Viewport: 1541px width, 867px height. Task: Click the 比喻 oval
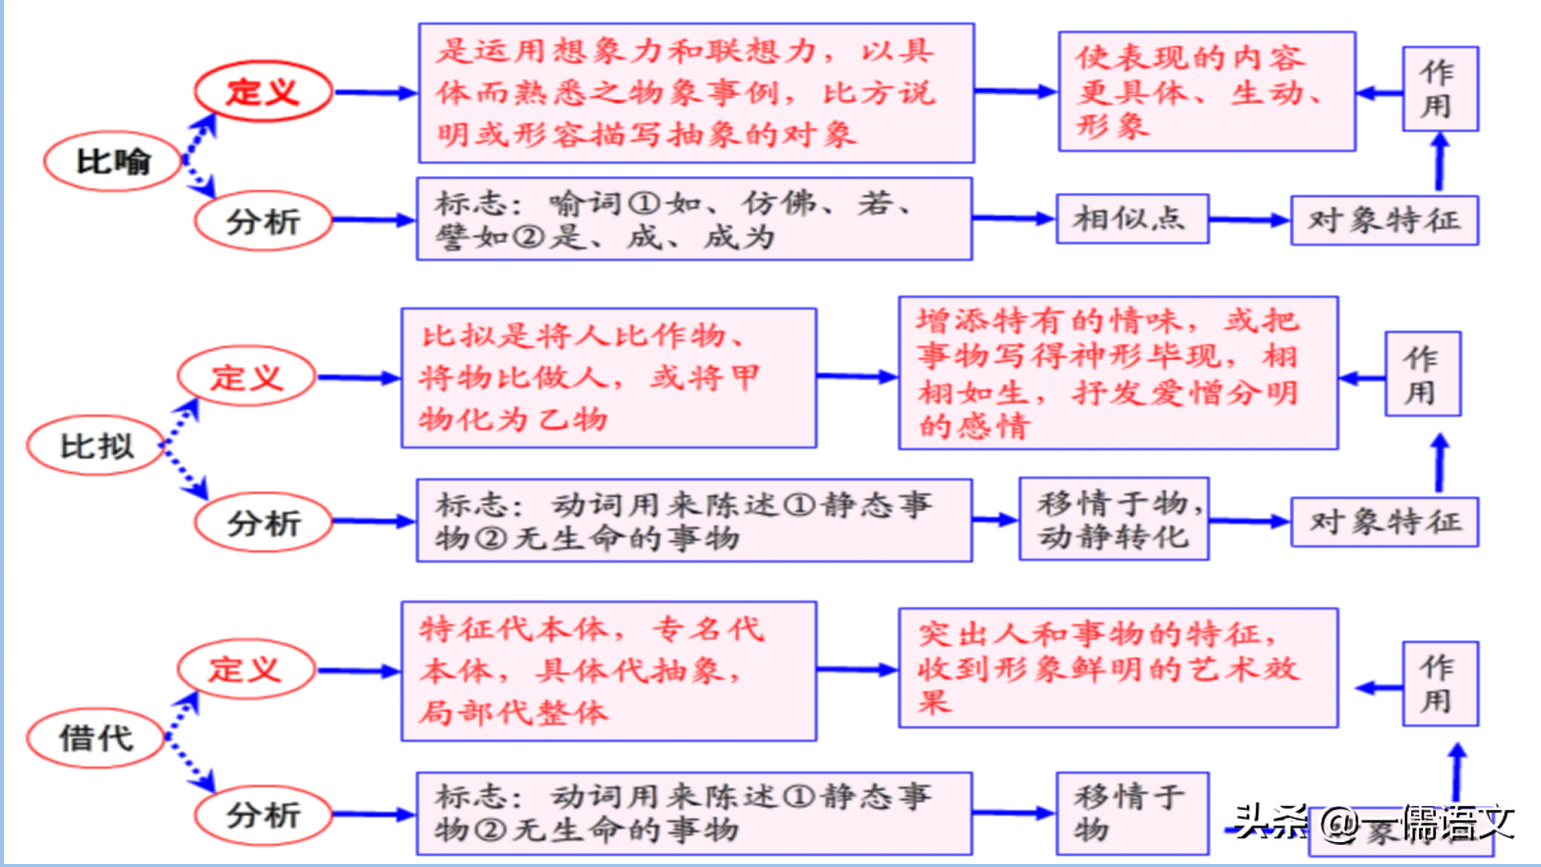pyautogui.click(x=113, y=161)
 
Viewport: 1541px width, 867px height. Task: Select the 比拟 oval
pyautogui.click(x=96, y=446)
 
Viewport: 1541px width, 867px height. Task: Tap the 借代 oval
pyautogui.click(x=96, y=738)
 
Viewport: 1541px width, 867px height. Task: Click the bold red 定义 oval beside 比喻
pyautogui.click(x=263, y=92)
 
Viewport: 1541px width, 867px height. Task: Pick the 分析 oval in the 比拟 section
pyautogui.click(x=263, y=522)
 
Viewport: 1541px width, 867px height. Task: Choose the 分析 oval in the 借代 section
pyautogui.click(x=263, y=815)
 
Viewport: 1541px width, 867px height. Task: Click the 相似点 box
pyautogui.click(x=1132, y=219)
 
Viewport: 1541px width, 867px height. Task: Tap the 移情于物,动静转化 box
pyautogui.click(x=1114, y=519)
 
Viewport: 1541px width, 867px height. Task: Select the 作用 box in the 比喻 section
pyautogui.click(x=1440, y=89)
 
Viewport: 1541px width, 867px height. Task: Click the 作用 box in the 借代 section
pyautogui.click(x=1440, y=684)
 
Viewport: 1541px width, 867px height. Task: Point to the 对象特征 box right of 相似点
pyautogui.click(x=1384, y=220)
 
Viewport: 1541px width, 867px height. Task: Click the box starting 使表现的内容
pyautogui.click(x=1206, y=92)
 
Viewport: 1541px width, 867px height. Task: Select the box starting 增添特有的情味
pyautogui.click(x=1118, y=373)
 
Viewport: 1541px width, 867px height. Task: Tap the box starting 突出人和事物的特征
pyautogui.click(x=1118, y=668)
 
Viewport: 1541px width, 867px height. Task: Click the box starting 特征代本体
pyautogui.click(x=609, y=671)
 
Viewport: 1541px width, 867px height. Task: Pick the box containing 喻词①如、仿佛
pyautogui.click(x=694, y=219)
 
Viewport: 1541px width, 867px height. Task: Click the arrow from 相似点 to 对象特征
pyautogui.click(x=1249, y=220)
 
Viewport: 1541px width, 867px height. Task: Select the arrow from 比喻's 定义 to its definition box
pyautogui.click(x=374, y=93)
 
